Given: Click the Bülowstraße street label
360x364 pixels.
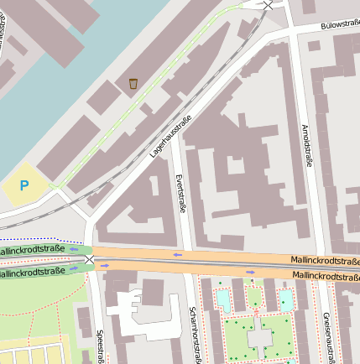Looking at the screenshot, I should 340,25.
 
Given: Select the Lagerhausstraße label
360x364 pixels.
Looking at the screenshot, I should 171,139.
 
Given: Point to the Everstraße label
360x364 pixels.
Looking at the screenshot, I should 179,192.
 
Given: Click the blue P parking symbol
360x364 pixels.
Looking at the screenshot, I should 24,185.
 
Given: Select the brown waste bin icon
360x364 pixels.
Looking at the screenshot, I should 133,83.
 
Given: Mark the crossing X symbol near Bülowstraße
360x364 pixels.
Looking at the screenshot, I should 268,5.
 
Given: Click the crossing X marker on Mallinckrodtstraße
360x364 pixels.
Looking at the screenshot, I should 89,259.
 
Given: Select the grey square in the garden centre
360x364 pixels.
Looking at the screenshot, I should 260,337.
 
